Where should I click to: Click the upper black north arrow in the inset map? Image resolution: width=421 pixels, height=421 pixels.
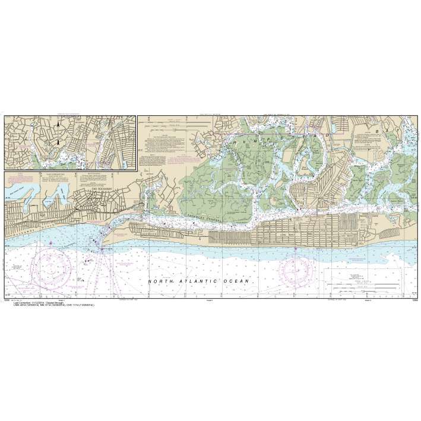coord(57,126)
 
